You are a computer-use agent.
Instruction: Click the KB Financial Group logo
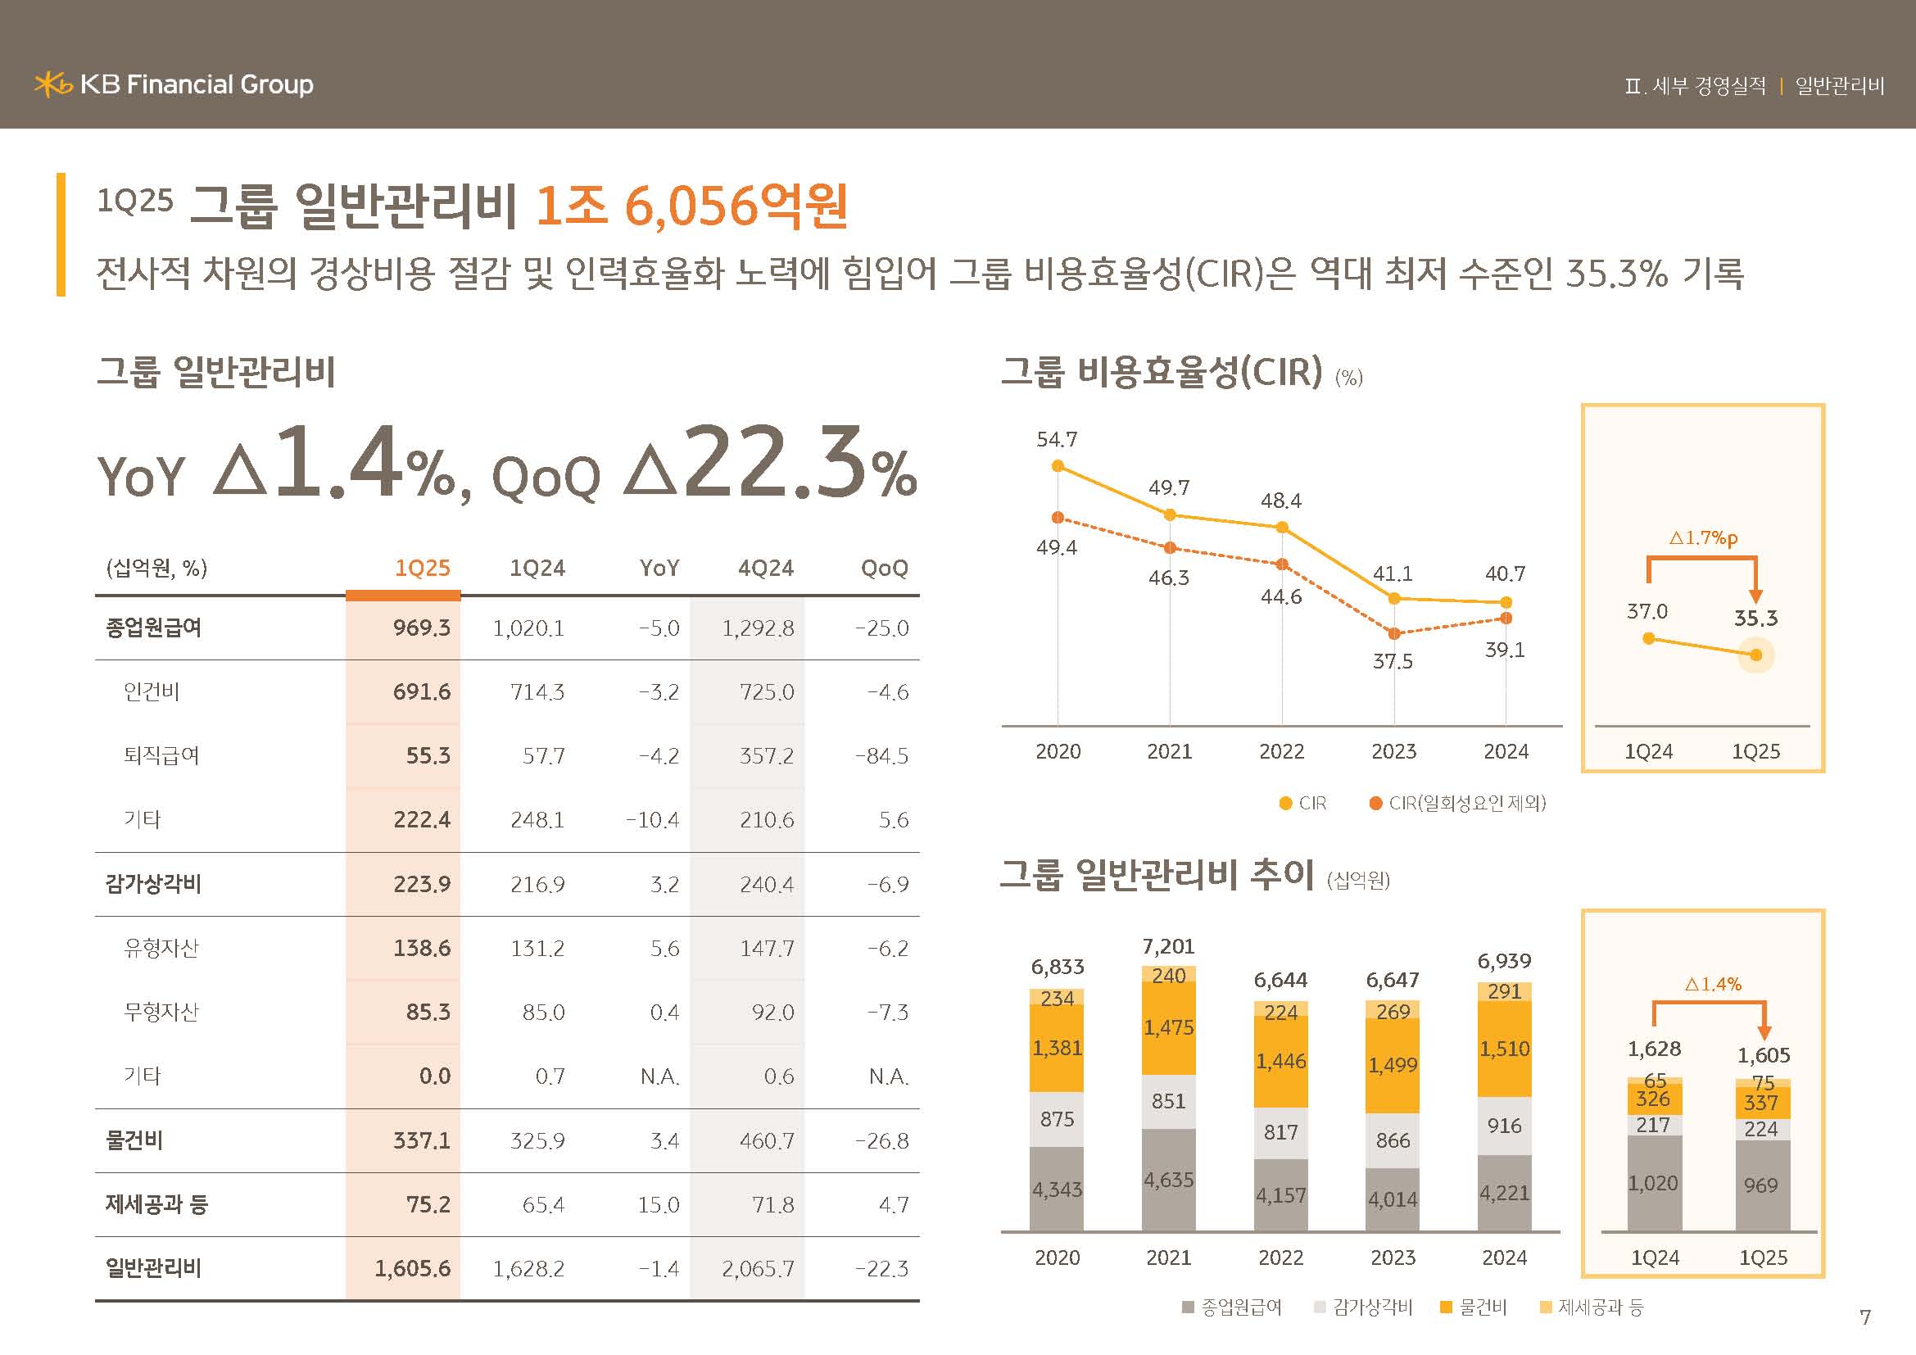pyautogui.click(x=174, y=84)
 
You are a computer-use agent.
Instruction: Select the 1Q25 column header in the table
pyautogui.click(x=421, y=569)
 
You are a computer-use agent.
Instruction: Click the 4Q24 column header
pyautogui.click(x=765, y=569)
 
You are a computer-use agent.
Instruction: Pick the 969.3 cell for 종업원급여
pyautogui.click(x=421, y=628)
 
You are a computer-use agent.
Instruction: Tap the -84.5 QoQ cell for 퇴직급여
pyautogui.click(x=881, y=756)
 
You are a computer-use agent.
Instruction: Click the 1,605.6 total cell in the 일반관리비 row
pyautogui.click(x=412, y=1268)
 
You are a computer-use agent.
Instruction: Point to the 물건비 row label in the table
pyautogui.click(x=134, y=1140)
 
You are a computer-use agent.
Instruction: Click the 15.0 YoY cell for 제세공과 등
pyautogui.click(x=659, y=1205)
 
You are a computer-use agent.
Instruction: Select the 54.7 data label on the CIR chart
pyautogui.click(x=1057, y=440)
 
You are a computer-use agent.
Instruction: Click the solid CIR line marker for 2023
pyautogui.click(x=1393, y=598)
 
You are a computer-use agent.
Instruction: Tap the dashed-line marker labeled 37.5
pyautogui.click(x=1393, y=633)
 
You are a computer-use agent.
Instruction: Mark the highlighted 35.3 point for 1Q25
pyautogui.click(x=1755, y=655)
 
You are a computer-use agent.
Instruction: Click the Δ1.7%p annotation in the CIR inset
pyautogui.click(x=1703, y=538)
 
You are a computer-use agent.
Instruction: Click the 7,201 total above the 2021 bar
pyautogui.click(x=1168, y=947)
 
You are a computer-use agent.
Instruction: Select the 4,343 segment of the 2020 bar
pyautogui.click(x=1057, y=1190)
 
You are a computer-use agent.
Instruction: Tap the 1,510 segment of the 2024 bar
pyautogui.click(x=1504, y=1049)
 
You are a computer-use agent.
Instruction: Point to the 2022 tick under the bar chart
pyautogui.click(x=1280, y=1258)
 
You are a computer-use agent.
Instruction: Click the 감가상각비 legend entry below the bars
pyautogui.click(x=1364, y=1307)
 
